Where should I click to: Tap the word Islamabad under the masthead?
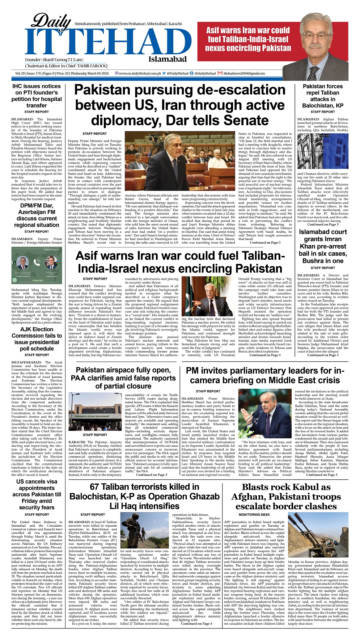pos(167,59)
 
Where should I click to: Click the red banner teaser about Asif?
pos(248,39)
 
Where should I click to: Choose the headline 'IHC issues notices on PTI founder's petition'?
pos(37,96)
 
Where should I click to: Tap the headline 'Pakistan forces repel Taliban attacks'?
pos(322,96)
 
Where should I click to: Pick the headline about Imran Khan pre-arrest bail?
pos(323,246)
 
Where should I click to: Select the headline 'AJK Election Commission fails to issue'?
pos(37,339)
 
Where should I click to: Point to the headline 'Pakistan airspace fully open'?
pos(123,378)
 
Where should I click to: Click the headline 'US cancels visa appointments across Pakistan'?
pos(37,494)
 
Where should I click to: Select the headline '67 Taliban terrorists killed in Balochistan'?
pos(144,496)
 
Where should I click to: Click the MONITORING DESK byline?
pos(254,514)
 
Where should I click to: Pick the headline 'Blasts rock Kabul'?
pos(286,496)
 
